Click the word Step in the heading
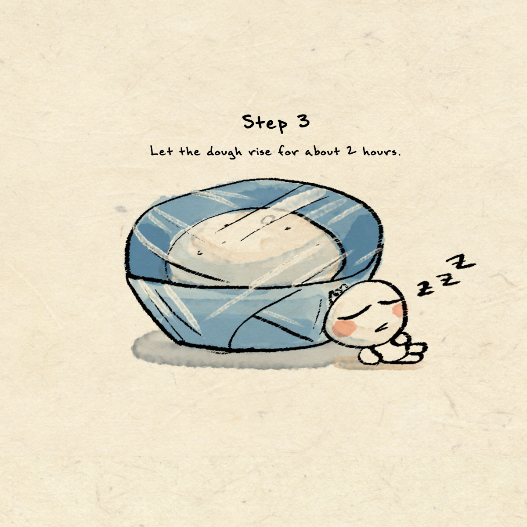[x=265, y=123]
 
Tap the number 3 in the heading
[x=303, y=121]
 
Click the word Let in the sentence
[x=161, y=151]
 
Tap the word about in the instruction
[x=322, y=151]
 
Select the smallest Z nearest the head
[x=425, y=289]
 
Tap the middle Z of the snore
[x=446, y=278]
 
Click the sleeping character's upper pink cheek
[x=400, y=310]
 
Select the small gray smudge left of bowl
[x=121, y=209]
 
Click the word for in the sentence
[x=288, y=151]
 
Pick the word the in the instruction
[x=190, y=151]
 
